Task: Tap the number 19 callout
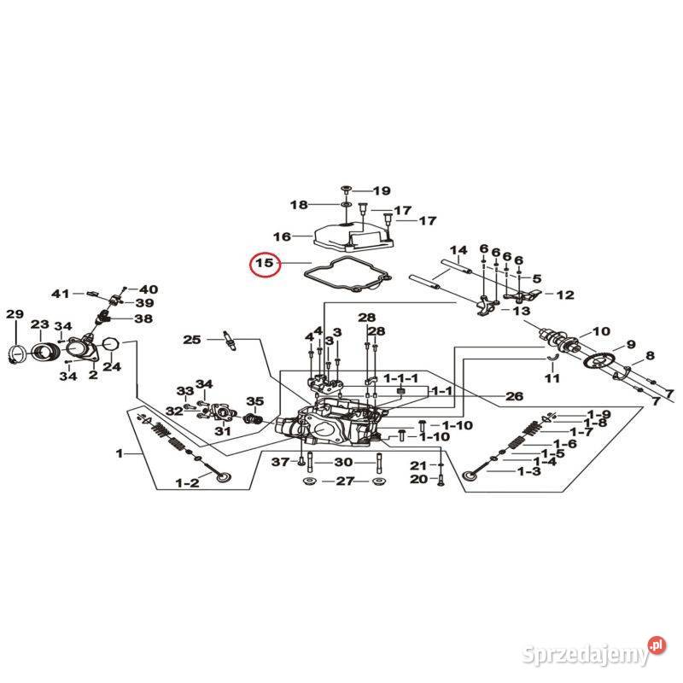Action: click(x=380, y=190)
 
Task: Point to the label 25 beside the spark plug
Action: click(x=192, y=340)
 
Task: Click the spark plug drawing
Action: click(x=228, y=339)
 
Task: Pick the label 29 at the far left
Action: click(x=15, y=316)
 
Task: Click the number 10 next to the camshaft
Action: click(x=601, y=331)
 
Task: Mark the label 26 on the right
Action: click(x=514, y=396)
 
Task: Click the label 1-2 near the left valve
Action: click(x=187, y=483)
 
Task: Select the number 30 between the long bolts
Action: click(x=342, y=462)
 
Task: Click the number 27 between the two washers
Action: click(x=344, y=482)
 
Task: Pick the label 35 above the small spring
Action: click(x=254, y=401)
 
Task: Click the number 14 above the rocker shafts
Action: click(x=459, y=251)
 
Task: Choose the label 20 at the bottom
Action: click(x=417, y=479)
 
